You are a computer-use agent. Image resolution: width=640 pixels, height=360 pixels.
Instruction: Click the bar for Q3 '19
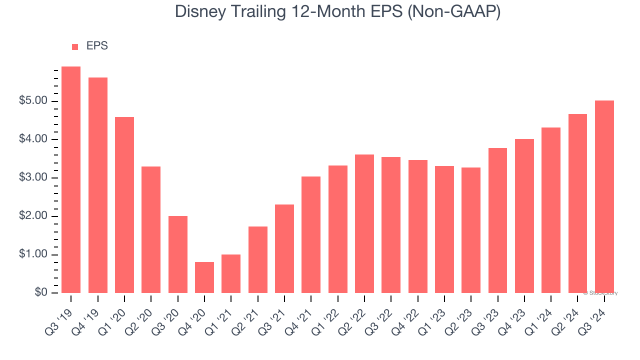(71, 180)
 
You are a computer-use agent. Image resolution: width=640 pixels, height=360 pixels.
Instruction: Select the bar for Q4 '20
(204, 277)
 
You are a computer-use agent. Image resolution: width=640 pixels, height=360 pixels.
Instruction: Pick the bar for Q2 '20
(151, 229)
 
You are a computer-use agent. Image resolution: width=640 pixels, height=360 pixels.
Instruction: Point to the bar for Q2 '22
(364, 223)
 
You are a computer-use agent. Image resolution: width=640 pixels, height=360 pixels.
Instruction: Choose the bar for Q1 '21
(231, 273)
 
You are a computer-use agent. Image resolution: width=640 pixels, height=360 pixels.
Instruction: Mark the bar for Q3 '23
(497, 220)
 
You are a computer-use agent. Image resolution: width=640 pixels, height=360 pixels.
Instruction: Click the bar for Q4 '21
(311, 234)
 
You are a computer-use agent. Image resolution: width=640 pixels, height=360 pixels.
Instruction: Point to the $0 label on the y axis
(41, 293)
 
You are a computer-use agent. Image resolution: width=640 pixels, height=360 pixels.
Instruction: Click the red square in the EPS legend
(75, 47)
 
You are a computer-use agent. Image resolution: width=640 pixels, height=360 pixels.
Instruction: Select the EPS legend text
(97, 46)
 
